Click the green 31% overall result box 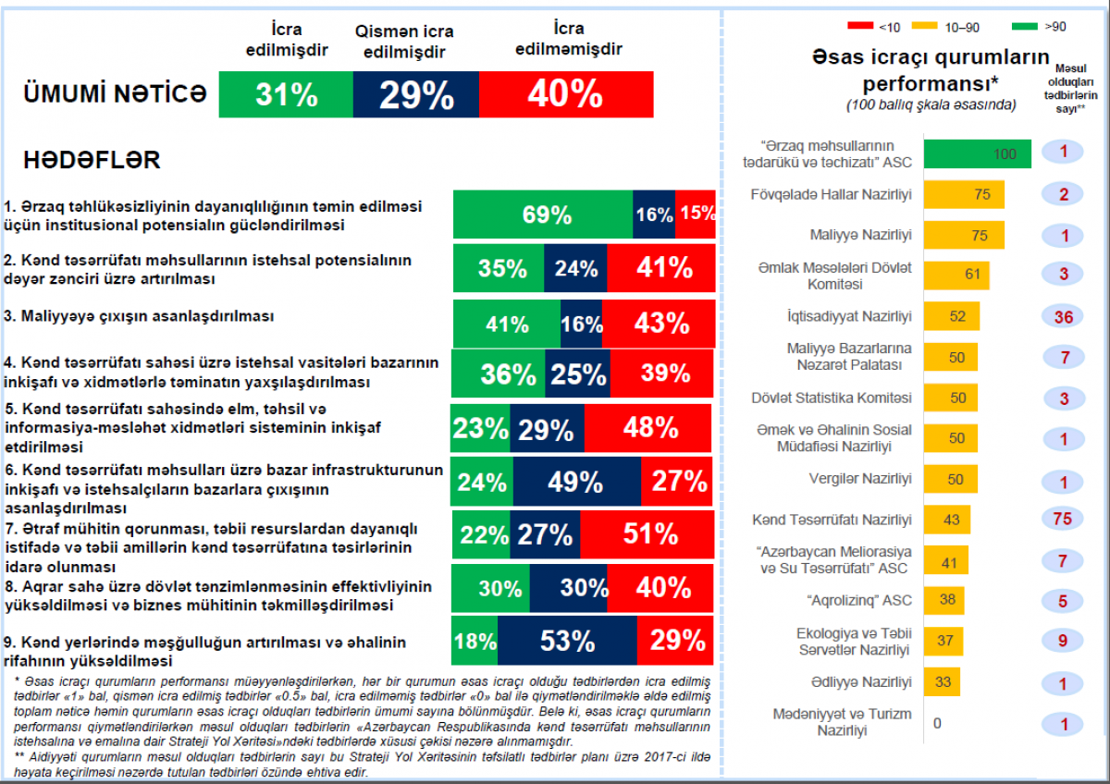286,94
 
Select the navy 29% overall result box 415,94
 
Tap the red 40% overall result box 565,94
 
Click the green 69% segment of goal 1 543,214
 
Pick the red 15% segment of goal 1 696,214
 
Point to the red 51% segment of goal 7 647,534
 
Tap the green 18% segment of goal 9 475,641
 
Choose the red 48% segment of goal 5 649,427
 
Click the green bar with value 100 977,154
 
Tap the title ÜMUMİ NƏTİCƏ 115,93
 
